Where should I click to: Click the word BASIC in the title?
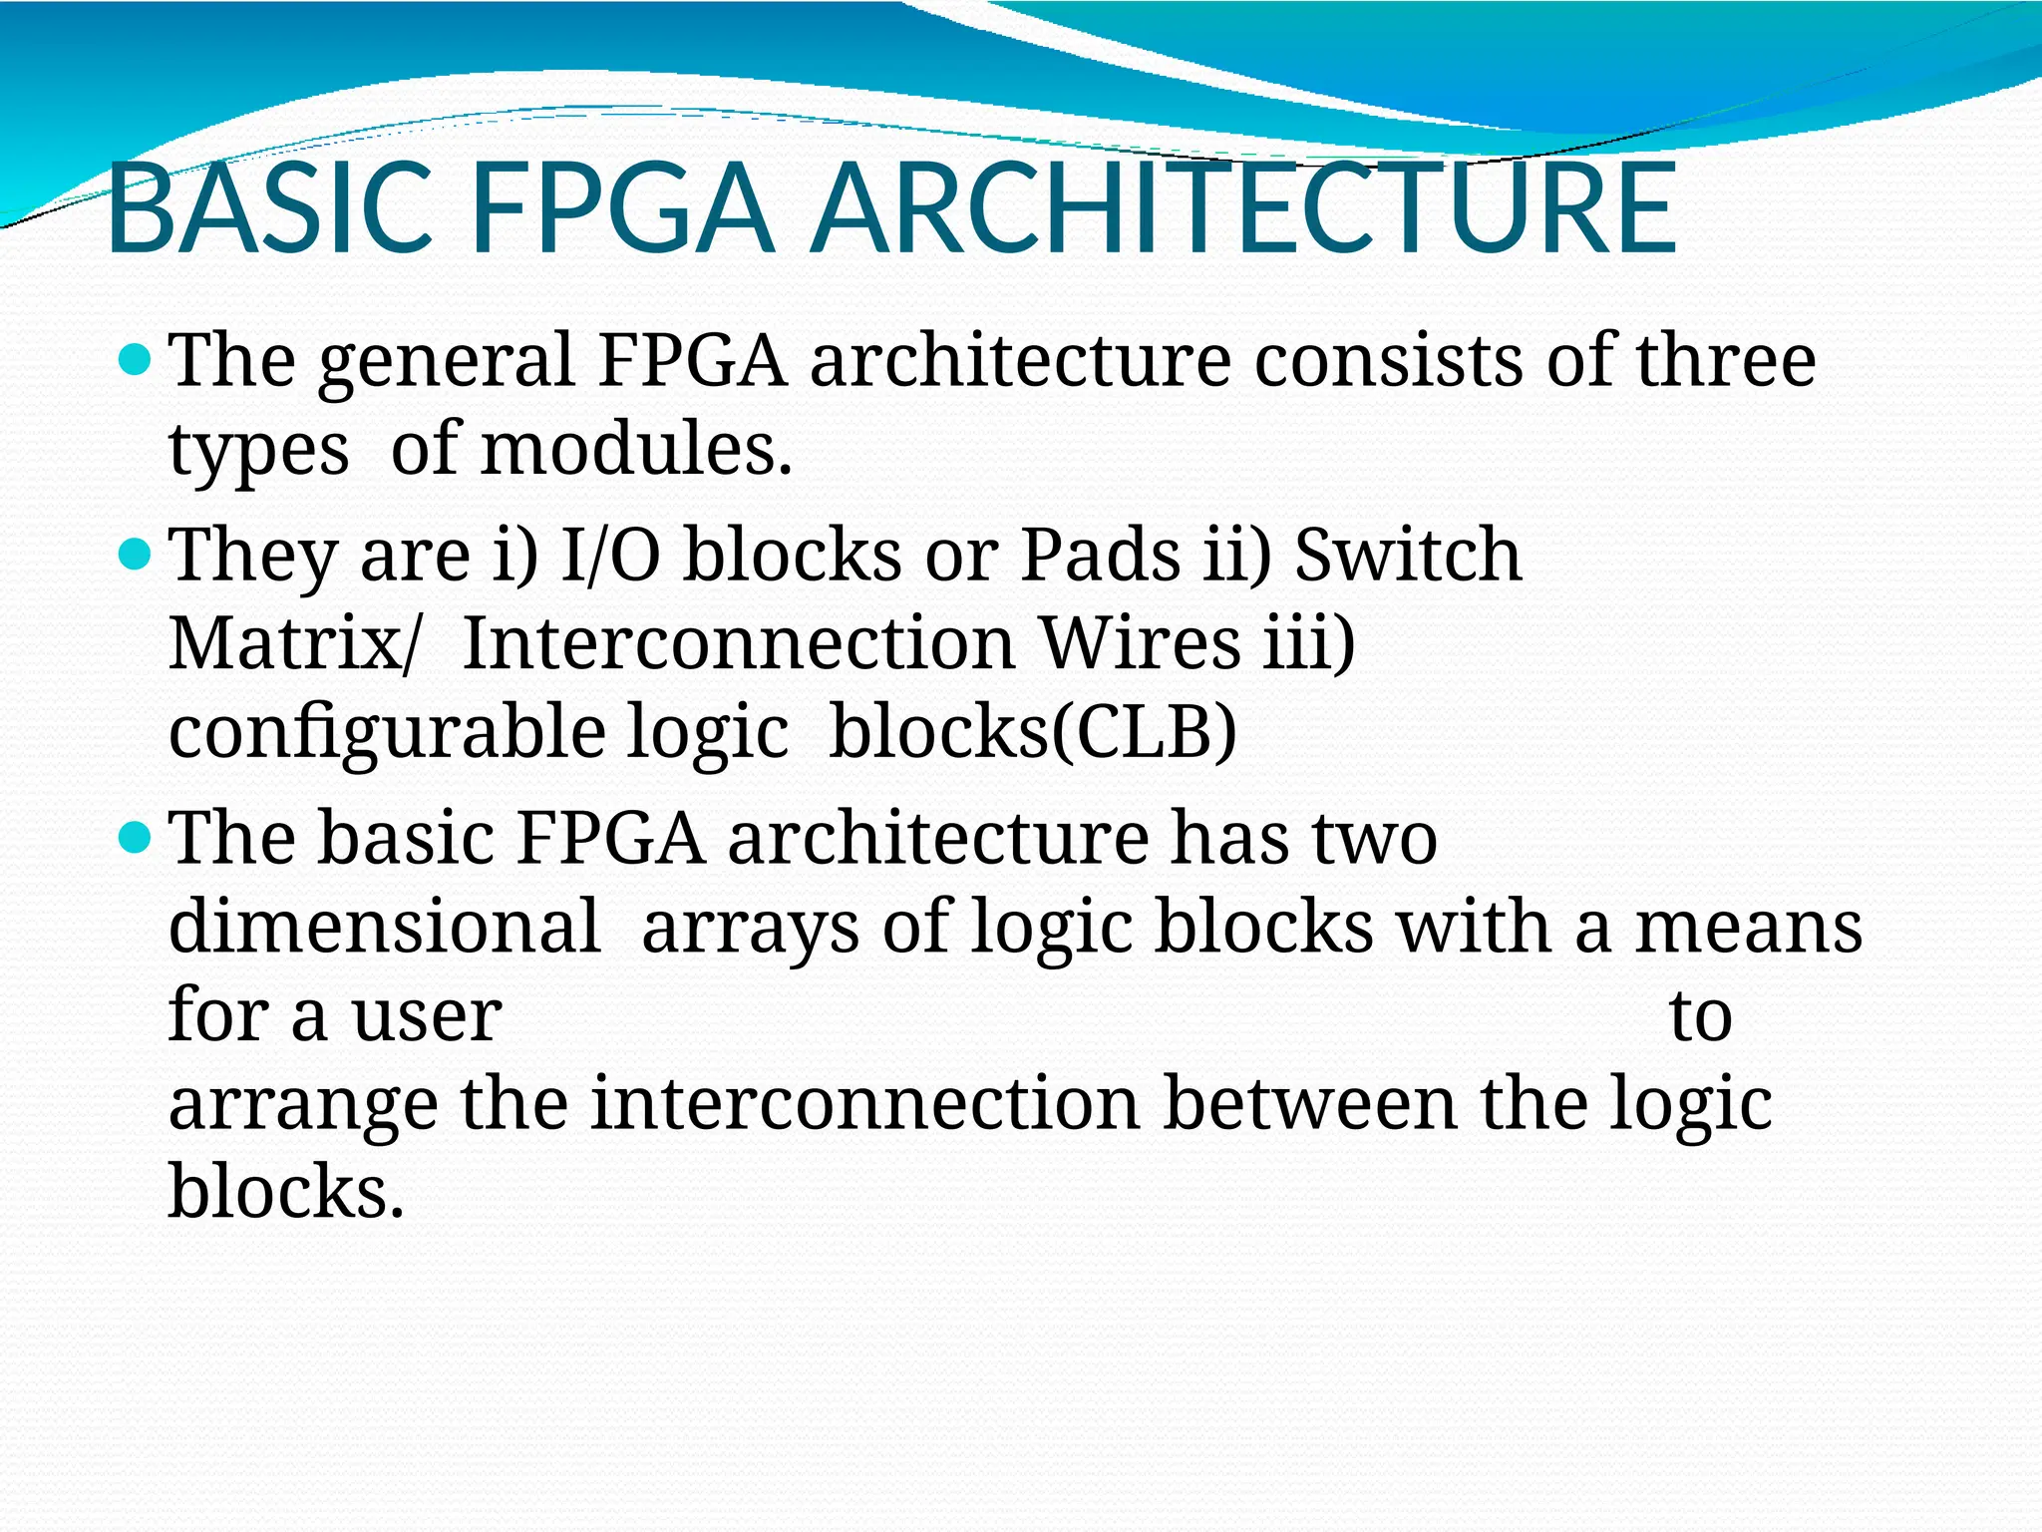click(269, 210)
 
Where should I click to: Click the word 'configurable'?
click(387, 733)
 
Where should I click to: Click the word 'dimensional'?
click(385, 926)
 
